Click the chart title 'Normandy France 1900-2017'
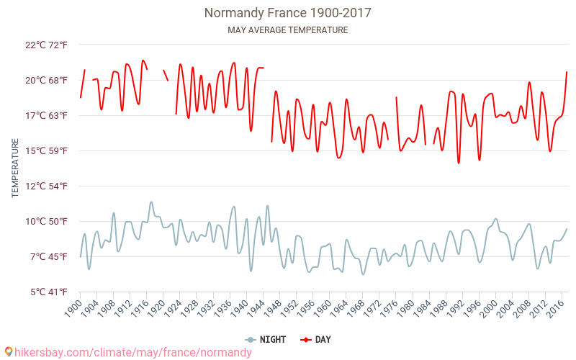coord(288,13)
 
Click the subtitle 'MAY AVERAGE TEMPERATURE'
coord(288,30)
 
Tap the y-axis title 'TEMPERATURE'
coord(15,168)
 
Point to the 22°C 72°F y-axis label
coord(46,45)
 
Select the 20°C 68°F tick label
coord(46,80)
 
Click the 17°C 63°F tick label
coord(46,115)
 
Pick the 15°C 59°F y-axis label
coord(46,150)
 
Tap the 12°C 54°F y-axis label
coord(46,186)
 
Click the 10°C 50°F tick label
coord(46,221)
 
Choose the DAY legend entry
coord(317,339)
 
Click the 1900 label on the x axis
coord(73,308)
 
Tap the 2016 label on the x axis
coord(555,308)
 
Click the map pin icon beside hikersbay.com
coord(9,352)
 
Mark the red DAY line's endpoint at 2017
coord(567,72)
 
